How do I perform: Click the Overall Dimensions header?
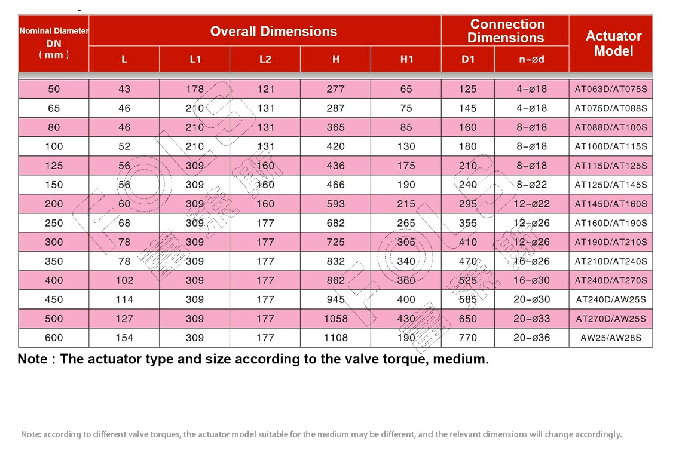pos(273,31)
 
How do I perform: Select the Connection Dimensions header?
pos(506,31)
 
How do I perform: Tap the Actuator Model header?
pos(613,44)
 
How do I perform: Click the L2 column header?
pos(265,59)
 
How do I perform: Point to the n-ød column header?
pos(531,59)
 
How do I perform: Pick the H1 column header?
pos(406,59)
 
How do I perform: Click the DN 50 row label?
pos(54,89)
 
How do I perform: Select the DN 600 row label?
pos(54,338)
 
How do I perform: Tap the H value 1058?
pos(336,319)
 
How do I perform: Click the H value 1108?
pos(336,338)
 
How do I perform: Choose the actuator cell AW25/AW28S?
pos(611,338)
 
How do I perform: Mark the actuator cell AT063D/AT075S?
pos(611,89)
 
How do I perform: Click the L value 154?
pos(124,338)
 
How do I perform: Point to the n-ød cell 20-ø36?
pos(531,338)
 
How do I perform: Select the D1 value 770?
pos(468,338)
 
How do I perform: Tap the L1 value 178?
pos(195,89)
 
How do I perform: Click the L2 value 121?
pos(265,89)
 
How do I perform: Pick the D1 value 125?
pos(468,89)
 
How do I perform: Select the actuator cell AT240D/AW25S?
pos(611,299)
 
